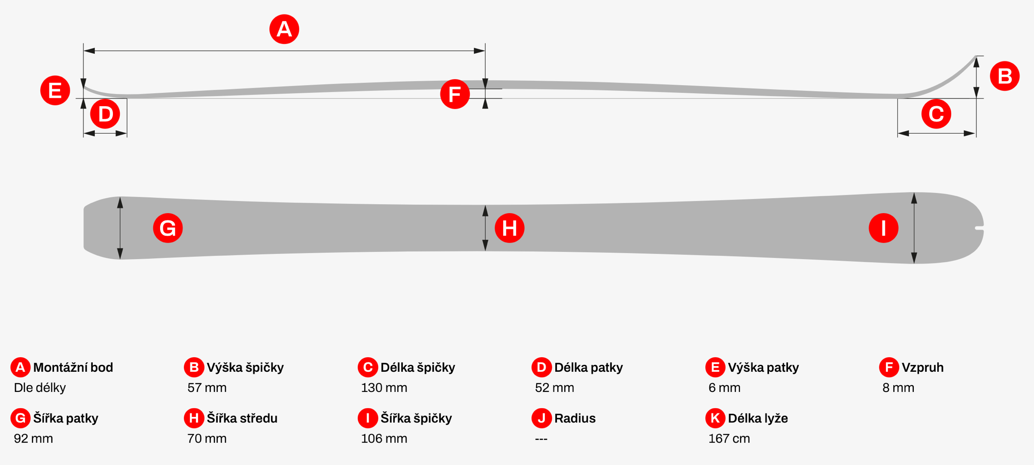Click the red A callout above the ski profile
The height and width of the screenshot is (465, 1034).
pyautogui.click(x=284, y=29)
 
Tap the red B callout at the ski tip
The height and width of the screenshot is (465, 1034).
pyautogui.click(x=1004, y=76)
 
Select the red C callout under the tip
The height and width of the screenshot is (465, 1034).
pyautogui.click(x=936, y=114)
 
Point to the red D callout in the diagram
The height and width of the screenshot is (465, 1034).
pyautogui.click(x=105, y=114)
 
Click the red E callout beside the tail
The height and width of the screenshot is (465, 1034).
pyautogui.click(x=55, y=90)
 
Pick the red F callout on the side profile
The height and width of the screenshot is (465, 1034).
pyautogui.click(x=455, y=94)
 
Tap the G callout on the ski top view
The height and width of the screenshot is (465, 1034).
pyautogui.click(x=168, y=228)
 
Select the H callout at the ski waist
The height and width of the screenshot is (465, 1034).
pyautogui.click(x=509, y=228)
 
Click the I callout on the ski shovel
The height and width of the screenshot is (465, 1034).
pyautogui.click(x=883, y=228)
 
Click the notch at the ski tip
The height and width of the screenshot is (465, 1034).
pyautogui.click(x=979, y=228)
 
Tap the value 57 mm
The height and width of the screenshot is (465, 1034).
pyautogui.click(x=207, y=388)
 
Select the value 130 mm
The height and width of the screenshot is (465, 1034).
pyautogui.click(x=384, y=388)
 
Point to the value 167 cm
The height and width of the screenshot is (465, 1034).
pyautogui.click(x=729, y=438)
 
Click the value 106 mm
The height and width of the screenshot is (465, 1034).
pyautogui.click(x=384, y=438)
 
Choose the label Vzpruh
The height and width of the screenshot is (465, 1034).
pyautogui.click(x=922, y=367)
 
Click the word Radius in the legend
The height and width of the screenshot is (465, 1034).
pyautogui.click(x=575, y=418)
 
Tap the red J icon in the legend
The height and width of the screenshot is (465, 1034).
pyautogui.click(x=541, y=418)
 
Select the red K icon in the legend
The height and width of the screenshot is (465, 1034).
pyautogui.click(x=715, y=418)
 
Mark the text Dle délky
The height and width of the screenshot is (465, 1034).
pyautogui.click(x=40, y=388)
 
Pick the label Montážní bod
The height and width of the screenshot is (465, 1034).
pyautogui.click(x=73, y=367)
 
